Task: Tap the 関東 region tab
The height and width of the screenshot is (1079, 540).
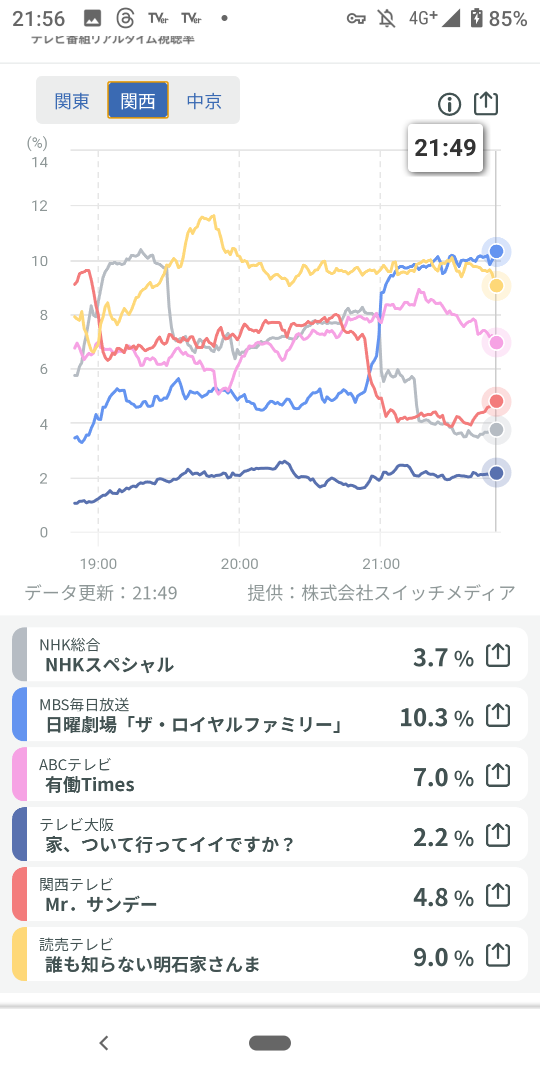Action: [72, 101]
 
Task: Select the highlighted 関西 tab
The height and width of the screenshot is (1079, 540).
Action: [138, 101]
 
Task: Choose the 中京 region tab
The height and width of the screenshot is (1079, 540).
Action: [204, 101]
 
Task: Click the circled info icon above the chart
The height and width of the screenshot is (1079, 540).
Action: [449, 104]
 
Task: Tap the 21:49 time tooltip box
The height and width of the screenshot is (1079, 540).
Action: [445, 148]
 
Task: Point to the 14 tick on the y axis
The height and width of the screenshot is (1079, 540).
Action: [39, 162]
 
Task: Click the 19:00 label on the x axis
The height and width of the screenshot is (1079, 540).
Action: [98, 564]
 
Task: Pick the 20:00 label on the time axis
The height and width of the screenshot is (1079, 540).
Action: [239, 564]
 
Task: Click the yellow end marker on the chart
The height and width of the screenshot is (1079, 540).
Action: [496, 286]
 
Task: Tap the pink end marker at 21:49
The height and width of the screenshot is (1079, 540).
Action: [496, 343]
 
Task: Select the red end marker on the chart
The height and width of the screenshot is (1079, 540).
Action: [496, 401]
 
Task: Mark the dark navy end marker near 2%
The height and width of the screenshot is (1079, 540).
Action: [496, 473]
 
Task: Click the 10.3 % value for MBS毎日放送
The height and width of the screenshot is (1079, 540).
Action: [436, 718]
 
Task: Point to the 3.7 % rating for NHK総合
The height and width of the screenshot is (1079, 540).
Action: [443, 658]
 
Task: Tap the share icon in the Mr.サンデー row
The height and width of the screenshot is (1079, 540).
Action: [498, 895]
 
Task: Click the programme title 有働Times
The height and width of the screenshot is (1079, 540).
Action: [90, 785]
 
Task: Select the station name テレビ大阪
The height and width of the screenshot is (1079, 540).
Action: [76, 824]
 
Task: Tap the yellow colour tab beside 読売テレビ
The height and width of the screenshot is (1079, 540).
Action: [19, 954]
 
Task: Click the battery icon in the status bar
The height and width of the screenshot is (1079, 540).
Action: [476, 18]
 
